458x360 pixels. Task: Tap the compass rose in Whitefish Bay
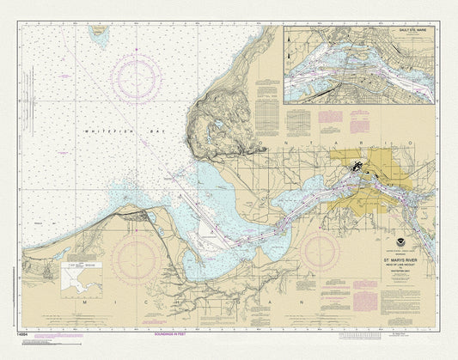[x=136, y=78]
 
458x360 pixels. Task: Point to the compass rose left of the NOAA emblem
[x=319, y=251]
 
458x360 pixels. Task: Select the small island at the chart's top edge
[x=101, y=34]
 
